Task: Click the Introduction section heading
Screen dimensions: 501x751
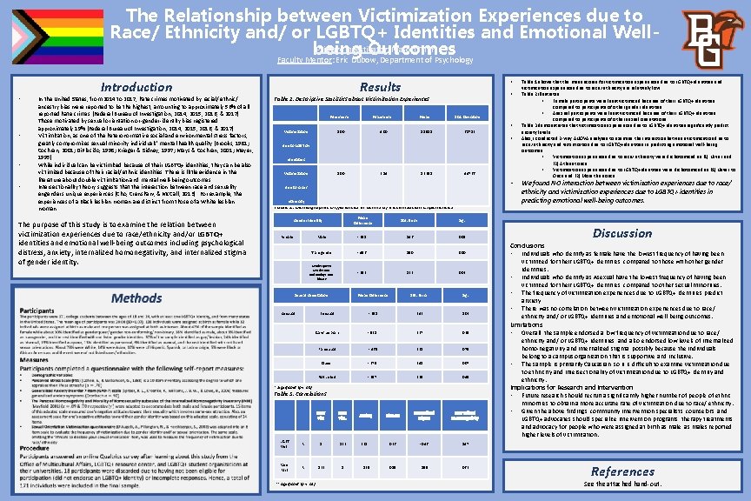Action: (x=136, y=87)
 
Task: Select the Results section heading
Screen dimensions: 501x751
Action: (x=381, y=87)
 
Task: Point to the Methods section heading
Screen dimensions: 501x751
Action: (x=136, y=298)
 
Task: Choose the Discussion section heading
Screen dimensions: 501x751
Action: (x=622, y=233)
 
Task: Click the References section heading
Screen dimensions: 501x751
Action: (x=622, y=471)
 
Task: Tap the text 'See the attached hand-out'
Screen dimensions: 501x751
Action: (x=622, y=484)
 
